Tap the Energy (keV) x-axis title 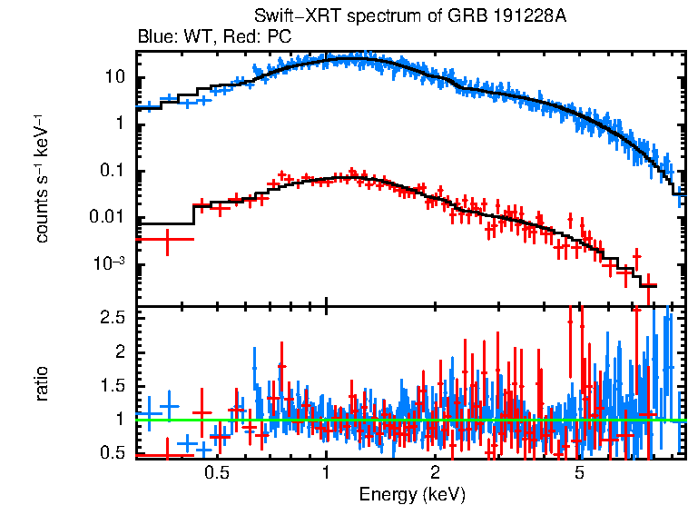411,494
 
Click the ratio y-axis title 42,383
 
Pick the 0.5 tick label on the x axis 216,473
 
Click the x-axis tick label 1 326,473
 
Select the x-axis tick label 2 436,473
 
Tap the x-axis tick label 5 580,473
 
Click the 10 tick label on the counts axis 113,76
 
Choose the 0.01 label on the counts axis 108,218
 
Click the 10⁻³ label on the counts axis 110,264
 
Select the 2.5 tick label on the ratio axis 112,317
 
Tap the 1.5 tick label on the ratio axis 112,385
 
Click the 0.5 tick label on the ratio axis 112,453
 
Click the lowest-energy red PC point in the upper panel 167,239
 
